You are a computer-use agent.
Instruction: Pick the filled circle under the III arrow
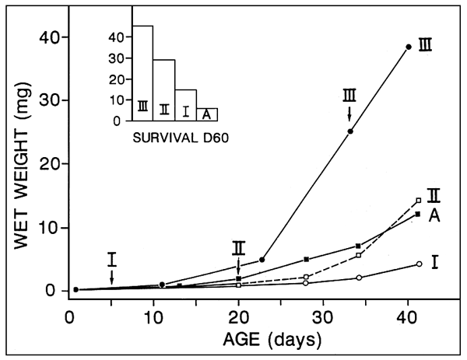[x=350, y=131]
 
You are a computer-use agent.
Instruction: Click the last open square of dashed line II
[x=419, y=201]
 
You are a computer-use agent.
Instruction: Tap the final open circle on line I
[x=419, y=264]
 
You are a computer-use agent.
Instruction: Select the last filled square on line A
[x=419, y=214]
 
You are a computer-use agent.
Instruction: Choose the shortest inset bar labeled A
[x=206, y=114]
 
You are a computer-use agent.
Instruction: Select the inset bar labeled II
[x=163, y=90]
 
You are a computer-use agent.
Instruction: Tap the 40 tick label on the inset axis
[x=118, y=37]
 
